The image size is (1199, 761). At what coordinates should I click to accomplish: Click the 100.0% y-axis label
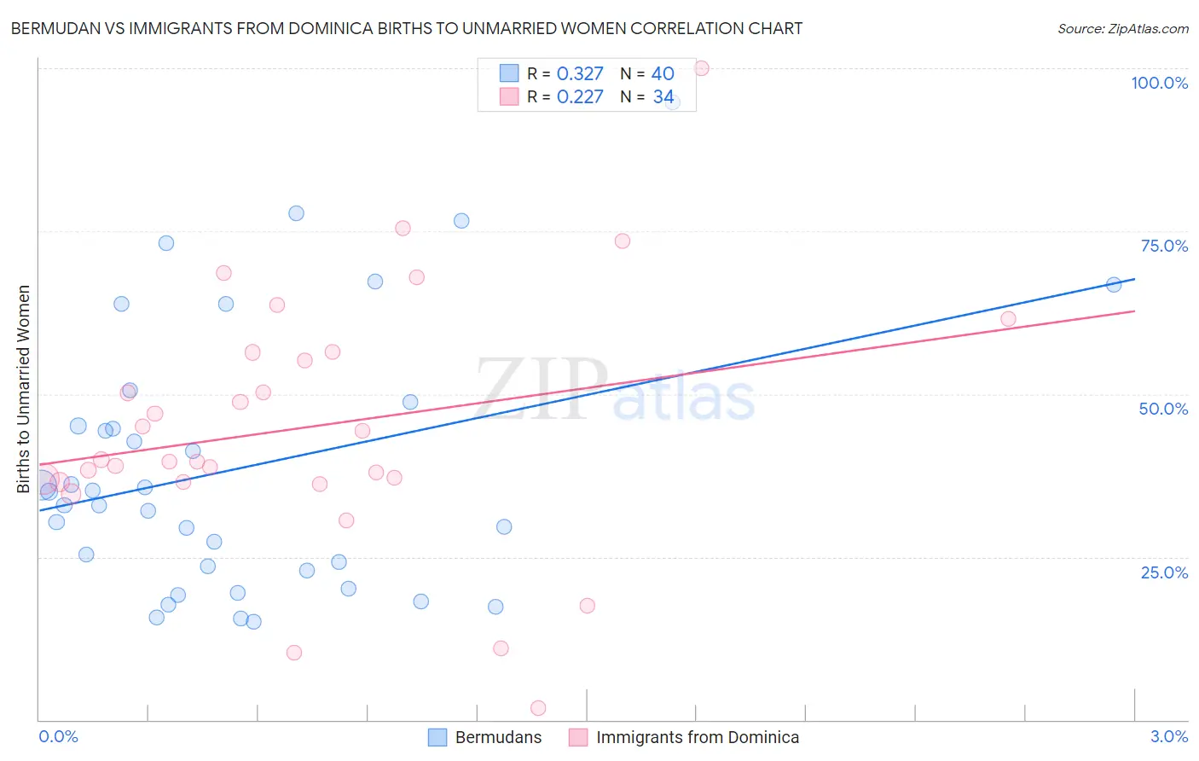[x=1159, y=83]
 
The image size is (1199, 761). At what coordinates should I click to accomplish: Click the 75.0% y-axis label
[x=1164, y=246]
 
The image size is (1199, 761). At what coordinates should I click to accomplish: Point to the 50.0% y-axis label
[x=1163, y=409]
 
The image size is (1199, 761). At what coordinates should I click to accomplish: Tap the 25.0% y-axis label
[x=1164, y=572]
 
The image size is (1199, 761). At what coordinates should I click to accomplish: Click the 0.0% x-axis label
[x=58, y=736]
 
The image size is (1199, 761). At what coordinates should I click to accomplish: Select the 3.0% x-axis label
[x=1168, y=736]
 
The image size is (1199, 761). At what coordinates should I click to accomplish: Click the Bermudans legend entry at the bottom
[x=498, y=737]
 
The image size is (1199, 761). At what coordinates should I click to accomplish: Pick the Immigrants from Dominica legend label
[x=697, y=737]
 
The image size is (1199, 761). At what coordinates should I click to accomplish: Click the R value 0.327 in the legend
[x=580, y=74]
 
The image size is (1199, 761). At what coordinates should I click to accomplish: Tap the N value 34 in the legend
[x=663, y=97]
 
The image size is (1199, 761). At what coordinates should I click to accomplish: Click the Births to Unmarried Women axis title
[x=23, y=389]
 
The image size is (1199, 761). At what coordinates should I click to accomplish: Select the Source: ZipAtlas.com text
[x=1122, y=29]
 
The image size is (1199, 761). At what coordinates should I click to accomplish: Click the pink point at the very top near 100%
[x=702, y=68]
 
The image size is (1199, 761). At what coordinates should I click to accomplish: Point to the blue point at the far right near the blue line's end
[x=1114, y=285]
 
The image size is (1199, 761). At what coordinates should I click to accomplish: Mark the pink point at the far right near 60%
[x=1008, y=319]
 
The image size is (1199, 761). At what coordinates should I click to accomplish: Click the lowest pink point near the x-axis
[x=538, y=708]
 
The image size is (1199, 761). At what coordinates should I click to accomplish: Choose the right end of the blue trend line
[x=1134, y=279]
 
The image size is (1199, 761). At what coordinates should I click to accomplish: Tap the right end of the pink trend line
[x=1134, y=311]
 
